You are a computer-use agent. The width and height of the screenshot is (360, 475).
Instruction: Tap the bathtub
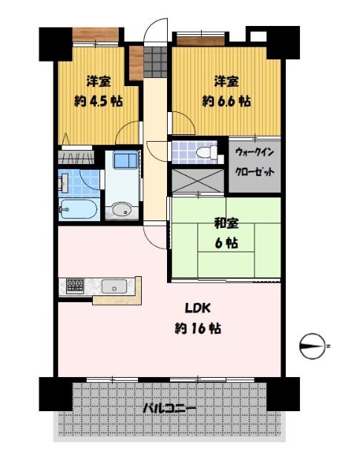(x=77, y=209)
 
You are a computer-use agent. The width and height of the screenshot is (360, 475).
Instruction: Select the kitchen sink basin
(x=114, y=286)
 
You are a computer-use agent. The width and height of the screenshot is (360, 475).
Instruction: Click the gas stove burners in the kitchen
(x=76, y=285)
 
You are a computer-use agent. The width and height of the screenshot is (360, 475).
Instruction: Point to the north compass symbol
(x=314, y=346)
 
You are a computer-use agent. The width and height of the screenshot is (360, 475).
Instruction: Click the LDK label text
(x=197, y=308)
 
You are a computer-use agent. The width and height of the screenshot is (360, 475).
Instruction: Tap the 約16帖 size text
(x=197, y=327)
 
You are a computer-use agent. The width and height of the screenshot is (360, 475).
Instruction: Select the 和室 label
(x=226, y=220)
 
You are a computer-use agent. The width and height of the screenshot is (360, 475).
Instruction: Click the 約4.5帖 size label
(x=97, y=102)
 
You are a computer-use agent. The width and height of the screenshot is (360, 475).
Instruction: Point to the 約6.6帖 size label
(x=226, y=101)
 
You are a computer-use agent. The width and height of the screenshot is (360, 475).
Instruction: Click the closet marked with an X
(x=198, y=180)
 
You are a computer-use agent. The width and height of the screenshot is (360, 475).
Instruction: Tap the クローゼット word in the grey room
(x=254, y=171)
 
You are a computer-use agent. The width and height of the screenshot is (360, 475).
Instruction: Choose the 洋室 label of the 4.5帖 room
(x=97, y=81)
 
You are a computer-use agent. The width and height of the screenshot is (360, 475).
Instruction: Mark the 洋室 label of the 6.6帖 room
(x=226, y=81)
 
